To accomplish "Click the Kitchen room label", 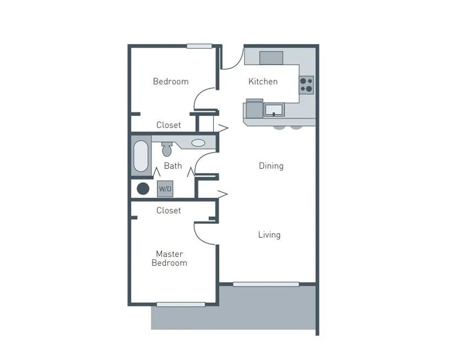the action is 263,81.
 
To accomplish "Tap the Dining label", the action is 271,166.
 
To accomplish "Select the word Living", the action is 269,235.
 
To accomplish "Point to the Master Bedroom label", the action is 170,258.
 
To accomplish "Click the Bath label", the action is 173,166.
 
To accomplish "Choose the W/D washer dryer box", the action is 165,189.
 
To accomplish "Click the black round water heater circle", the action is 143,189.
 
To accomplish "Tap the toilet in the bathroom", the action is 167,149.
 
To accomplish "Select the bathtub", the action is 141,156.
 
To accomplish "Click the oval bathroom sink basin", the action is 198,143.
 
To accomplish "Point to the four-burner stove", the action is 306,85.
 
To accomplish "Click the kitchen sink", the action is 274,110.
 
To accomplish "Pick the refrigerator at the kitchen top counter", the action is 271,58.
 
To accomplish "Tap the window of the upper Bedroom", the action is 199,46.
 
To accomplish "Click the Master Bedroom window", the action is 181,304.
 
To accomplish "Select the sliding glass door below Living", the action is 266,284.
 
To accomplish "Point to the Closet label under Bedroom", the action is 169,125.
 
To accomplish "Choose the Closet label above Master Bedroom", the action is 169,210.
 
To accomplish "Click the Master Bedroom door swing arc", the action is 198,237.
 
